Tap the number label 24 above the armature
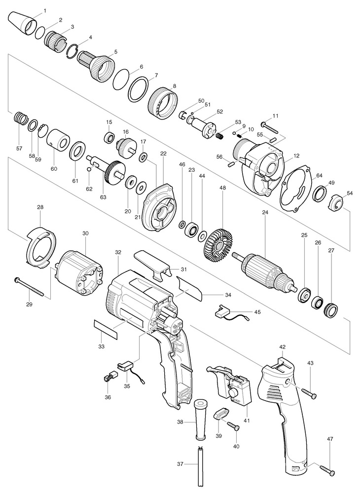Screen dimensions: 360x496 [x=265, y=213]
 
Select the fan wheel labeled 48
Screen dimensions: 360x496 [x=217, y=243]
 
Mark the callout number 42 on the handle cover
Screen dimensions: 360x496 [x=283, y=346]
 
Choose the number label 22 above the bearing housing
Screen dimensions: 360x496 [x=164, y=153]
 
